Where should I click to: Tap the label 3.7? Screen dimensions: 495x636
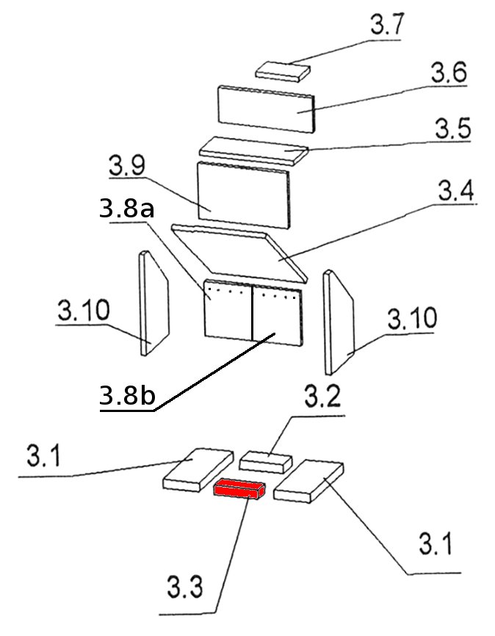point(387,24)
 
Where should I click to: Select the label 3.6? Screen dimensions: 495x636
point(448,72)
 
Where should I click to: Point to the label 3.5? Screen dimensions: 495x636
point(453,129)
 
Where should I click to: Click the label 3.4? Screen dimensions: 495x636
point(456,191)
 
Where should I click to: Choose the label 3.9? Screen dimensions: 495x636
point(126,165)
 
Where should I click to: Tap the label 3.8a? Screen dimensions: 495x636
point(126,209)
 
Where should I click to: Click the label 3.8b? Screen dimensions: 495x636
point(127,395)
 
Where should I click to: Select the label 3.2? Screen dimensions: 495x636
point(322,396)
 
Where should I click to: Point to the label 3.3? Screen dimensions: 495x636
point(184,587)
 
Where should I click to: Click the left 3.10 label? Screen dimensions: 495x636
point(84,311)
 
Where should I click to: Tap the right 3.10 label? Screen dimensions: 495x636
point(412,318)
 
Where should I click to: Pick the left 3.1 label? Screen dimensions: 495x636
point(43,455)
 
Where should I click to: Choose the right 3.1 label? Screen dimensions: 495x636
point(435,543)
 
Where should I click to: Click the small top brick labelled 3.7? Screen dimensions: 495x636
point(283,71)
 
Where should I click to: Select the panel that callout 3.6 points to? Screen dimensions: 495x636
point(267,109)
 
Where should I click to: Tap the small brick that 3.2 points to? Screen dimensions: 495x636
point(266,462)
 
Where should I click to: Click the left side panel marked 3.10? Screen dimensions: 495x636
point(153,303)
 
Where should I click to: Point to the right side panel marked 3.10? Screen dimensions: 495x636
point(339,323)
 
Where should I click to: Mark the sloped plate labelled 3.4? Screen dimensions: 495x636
point(239,251)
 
